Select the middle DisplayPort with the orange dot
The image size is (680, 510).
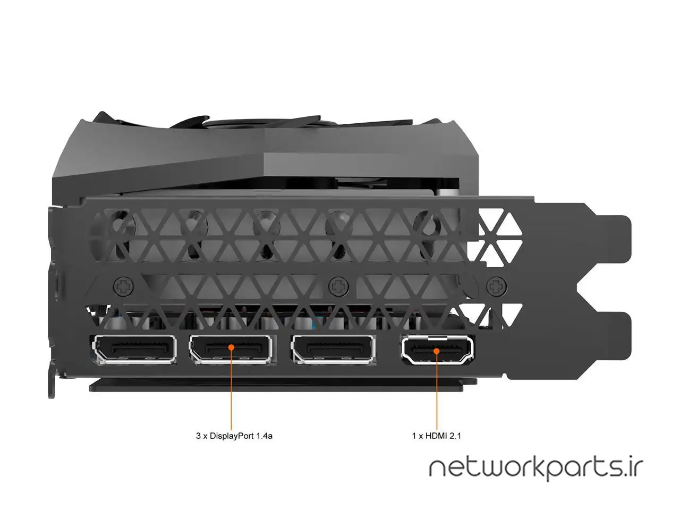pos(231,348)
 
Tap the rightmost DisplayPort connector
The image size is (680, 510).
pos(333,348)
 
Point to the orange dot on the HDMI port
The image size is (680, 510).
pos(437,351)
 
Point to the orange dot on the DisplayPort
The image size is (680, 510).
pos(231,347)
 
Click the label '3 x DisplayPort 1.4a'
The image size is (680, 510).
pos(234,436)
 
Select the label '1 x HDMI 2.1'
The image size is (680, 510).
pos(437,436)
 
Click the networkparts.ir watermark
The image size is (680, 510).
pos(536,468)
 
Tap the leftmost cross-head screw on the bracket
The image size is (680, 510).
pos(124,286)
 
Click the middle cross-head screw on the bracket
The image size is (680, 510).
pos(338,286)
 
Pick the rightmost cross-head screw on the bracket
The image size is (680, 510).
pos(497,286)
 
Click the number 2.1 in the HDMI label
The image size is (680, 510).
pos(455,436)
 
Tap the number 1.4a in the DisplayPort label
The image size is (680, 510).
pos(265,436)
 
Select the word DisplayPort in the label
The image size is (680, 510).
pos(232,436)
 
